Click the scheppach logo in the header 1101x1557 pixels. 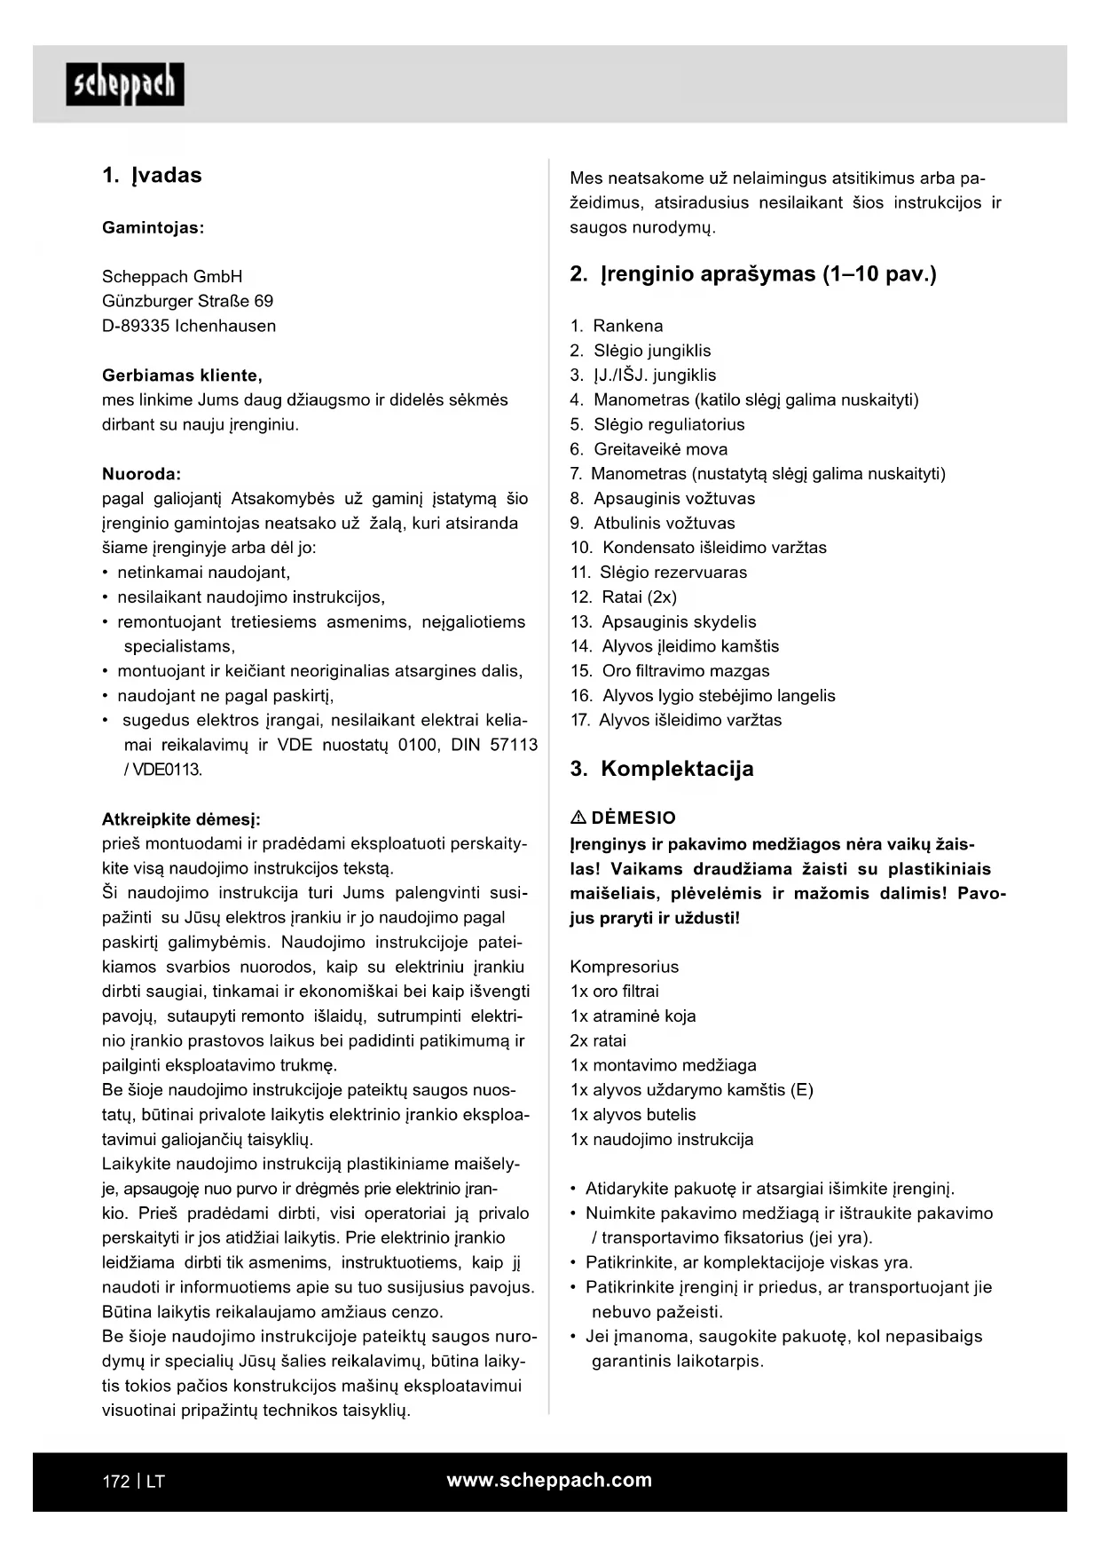click(x=124, y=84)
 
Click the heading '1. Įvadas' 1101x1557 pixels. click(x=152, y=175)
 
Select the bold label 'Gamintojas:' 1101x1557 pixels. click(x=153, y=227)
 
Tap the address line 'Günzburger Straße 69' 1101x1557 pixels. click(x=187, y=301)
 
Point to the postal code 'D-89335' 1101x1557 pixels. click(x=135, y=326)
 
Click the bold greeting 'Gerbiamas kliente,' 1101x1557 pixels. click(x=182, y=375)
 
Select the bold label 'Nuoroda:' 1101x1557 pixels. click(x=141, y=473)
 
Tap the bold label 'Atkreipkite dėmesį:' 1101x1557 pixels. click(x=181, y=818)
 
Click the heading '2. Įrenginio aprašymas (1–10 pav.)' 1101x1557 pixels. click(x=752, y=273)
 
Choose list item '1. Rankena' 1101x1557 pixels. click(x=617, y=326)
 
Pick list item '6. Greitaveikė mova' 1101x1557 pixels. click(x=649, y=449)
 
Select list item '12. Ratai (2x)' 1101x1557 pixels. click(x=624, y=597)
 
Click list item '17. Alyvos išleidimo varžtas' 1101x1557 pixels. click(x=676, y=720)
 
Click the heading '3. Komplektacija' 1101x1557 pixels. click(x=661, y=769)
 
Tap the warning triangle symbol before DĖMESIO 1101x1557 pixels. click(x=578, y=818)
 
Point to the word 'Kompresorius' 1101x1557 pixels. click(x=624, y=967)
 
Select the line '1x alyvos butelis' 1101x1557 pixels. click(x=633, y=1114)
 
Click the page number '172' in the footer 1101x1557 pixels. click(x=115, y=1482)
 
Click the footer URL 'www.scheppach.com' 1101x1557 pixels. click(x=549, y=1480)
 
